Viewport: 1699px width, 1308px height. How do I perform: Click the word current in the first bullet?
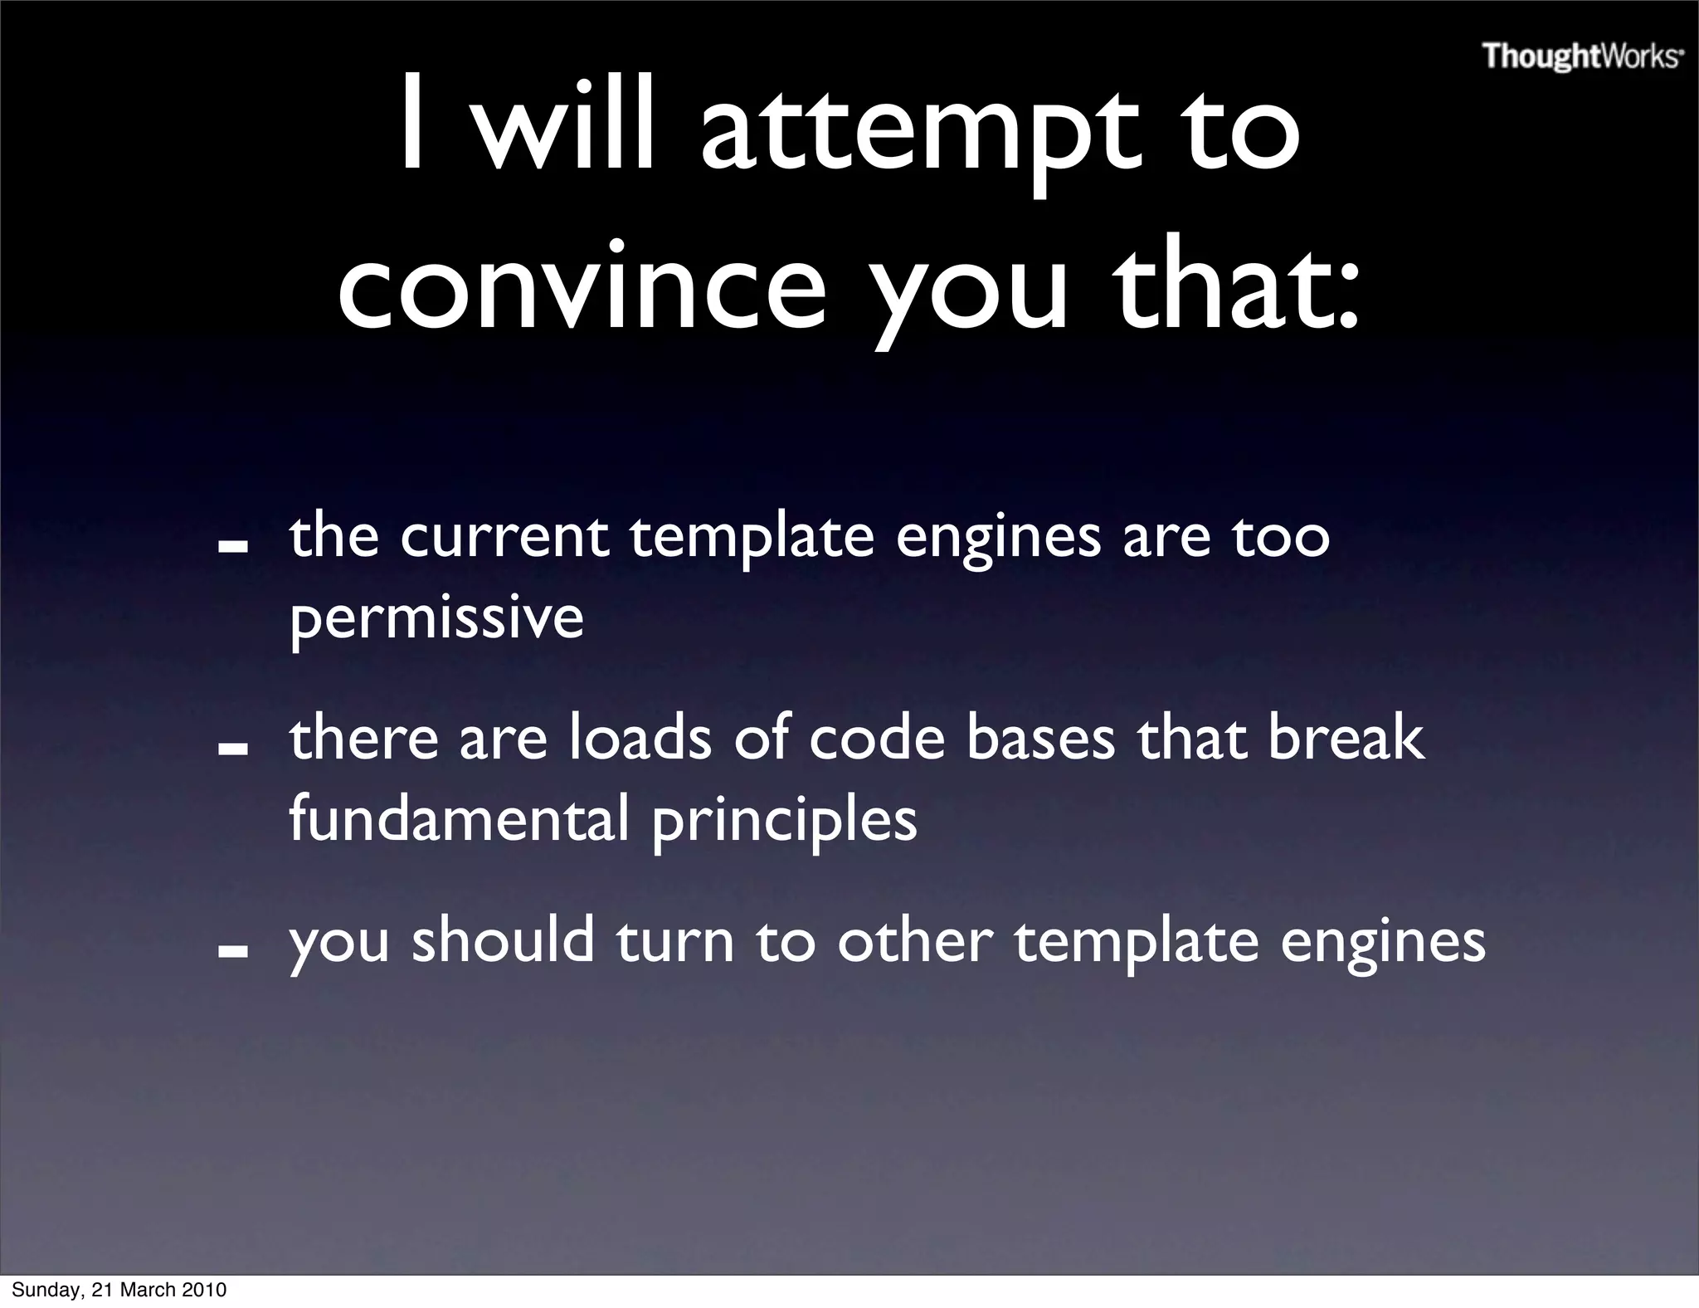click(504, 537)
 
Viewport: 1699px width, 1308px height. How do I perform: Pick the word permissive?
click(436, 618)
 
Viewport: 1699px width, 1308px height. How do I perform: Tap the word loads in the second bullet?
click(640, 738)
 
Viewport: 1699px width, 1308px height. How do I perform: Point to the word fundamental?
click(459, 817)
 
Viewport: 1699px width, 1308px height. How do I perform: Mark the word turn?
click(674, 942)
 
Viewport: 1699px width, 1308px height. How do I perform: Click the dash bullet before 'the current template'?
click(233, 549)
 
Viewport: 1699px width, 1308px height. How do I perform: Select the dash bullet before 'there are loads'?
click(233, 749)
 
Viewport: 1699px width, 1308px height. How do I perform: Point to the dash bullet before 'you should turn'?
click(233, 952)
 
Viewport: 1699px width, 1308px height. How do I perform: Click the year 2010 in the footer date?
click(204, 1290)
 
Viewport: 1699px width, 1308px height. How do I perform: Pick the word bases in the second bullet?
click(1041, 738)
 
